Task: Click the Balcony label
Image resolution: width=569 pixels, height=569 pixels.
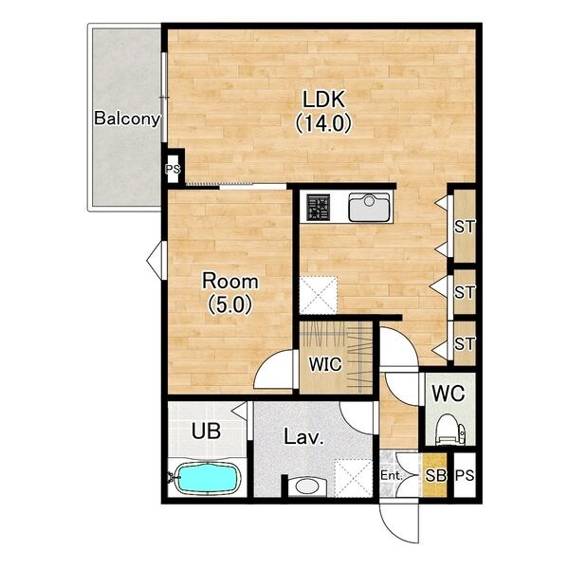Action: pos(127,119)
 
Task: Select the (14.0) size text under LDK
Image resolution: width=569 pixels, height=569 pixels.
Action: pos(323,123)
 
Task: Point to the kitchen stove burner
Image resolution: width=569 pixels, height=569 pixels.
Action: pos(319,208)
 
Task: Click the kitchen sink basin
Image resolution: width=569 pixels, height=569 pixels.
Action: pos(369,207)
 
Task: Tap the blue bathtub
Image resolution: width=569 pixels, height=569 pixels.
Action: pos(208,478)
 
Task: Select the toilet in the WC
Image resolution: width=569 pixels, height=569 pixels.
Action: pos(450,430)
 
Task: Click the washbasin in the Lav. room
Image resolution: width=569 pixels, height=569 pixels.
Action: pos(307,486)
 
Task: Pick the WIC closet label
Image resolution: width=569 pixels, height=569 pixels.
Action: pos(325,364)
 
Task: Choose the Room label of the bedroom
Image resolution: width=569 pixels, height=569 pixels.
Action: pos(230,282)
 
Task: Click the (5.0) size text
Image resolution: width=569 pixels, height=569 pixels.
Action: pos(230,304)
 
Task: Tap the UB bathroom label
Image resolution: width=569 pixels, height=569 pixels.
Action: pos(206,431)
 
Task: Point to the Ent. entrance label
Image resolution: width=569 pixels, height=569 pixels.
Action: pos(392,475)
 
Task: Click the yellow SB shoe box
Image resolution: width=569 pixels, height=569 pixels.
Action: pos(434,475)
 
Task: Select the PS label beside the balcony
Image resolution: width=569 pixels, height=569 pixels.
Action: pos(173,169)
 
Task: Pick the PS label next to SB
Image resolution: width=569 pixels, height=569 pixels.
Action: pos(465,475)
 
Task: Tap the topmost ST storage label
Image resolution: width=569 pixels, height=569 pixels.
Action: pos(465,228)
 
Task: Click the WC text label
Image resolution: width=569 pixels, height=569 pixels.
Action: pos(449,393)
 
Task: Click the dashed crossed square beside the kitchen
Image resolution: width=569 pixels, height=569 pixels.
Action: pos(319,295)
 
